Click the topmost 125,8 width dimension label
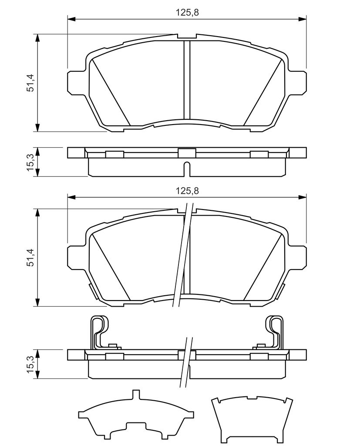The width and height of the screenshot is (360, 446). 187,13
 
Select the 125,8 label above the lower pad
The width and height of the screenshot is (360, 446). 187,190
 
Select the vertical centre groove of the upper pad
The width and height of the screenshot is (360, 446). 187,81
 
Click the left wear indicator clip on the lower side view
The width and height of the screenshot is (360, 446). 99,331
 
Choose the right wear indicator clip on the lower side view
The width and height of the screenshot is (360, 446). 274,331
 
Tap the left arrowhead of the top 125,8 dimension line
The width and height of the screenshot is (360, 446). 72,19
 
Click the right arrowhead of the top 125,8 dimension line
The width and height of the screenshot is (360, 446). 302,19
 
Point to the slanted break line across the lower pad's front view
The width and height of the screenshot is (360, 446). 182,257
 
